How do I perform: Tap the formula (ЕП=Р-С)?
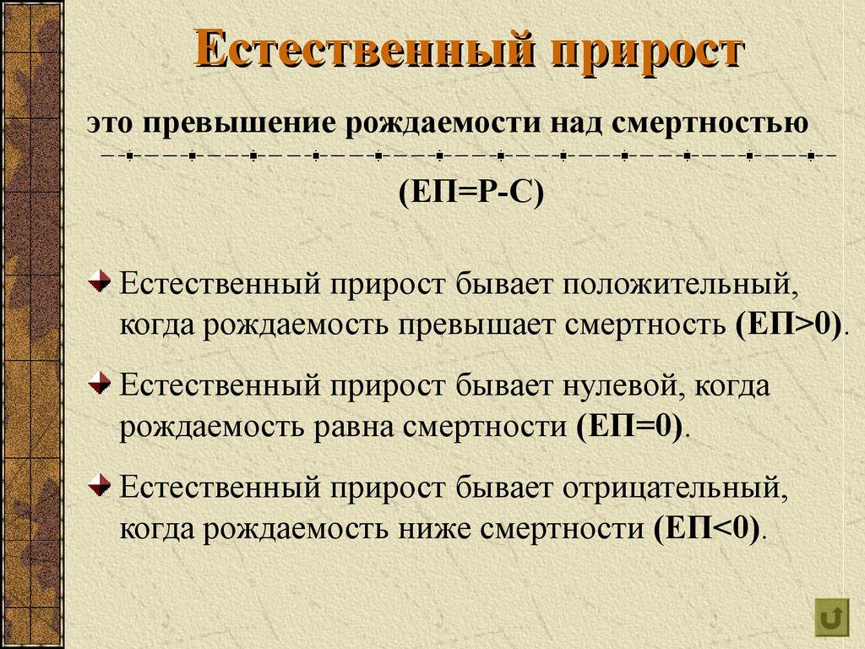coord(471,193)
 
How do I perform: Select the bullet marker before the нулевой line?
coord(100,385)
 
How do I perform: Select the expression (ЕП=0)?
coord(630,426)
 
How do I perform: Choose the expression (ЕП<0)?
coord(708,529)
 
